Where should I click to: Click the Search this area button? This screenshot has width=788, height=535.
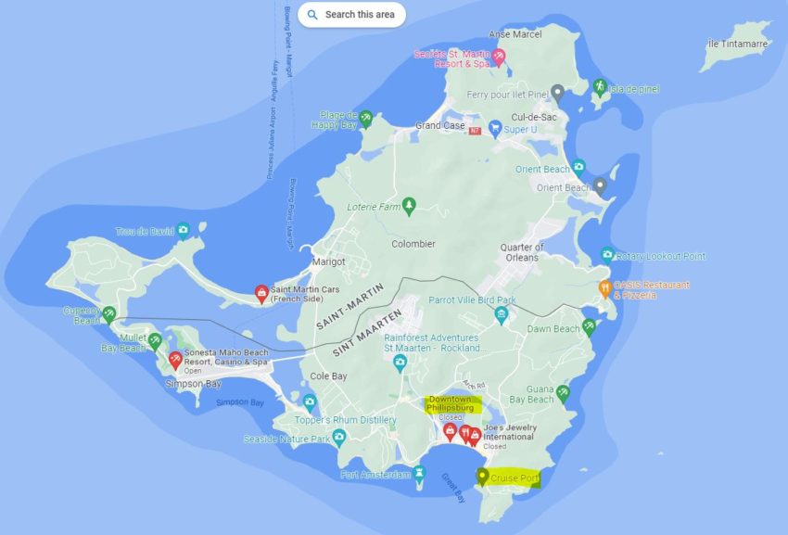[x=352, y=15]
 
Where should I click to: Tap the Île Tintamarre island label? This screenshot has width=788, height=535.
[x=738, y=44]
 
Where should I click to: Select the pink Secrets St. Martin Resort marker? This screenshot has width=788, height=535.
[x=499, y=57]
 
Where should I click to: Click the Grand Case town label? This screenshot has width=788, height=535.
[x=440, y=125]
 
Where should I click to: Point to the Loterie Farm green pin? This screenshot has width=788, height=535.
[x=409, y=205]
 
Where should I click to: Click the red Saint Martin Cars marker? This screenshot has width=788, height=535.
[x=262, y=293]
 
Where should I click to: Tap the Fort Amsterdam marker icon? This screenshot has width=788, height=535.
[x=419, y=474]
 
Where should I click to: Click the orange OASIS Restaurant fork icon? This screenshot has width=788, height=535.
[x=604, y=288]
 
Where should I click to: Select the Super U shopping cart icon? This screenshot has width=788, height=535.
[x=495, y=130]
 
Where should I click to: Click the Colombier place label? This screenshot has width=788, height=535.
[x=413, y=245]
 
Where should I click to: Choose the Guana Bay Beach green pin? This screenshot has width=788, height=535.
[x=563, y=393]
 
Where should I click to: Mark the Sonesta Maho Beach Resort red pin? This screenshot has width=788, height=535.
[x=175, y=360]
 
